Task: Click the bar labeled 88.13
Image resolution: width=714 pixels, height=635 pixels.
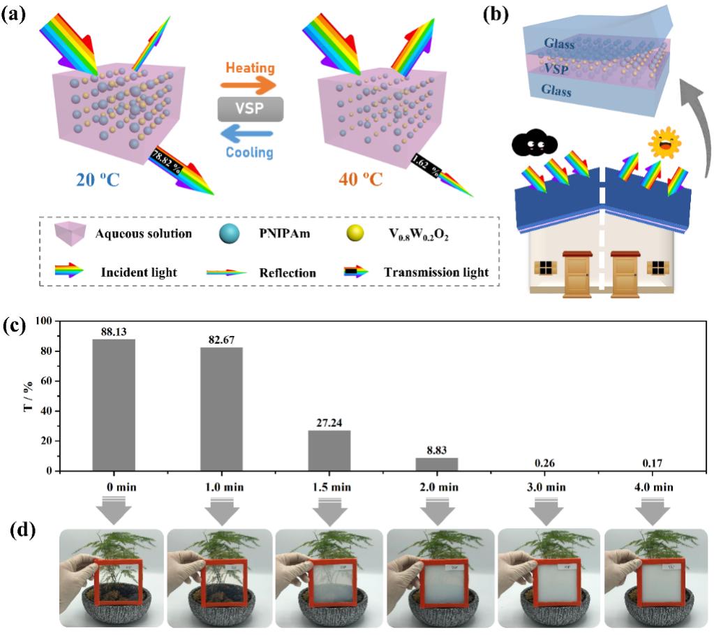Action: tap(112, 404)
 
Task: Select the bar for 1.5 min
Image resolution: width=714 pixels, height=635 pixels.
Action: tap(329, 450)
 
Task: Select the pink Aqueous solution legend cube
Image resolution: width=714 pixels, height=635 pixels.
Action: tap(72, 234)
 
